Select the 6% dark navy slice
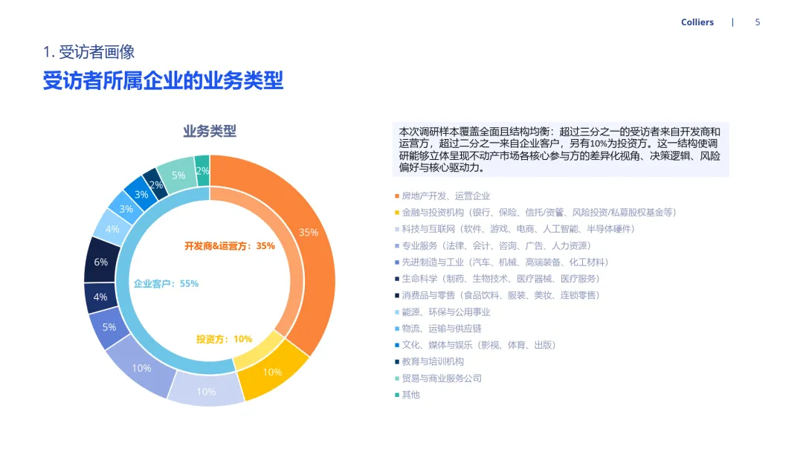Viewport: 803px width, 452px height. pyautogui.click(x=100, y=262)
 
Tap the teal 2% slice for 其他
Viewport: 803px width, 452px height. pyautogui.click(x=202, y=171)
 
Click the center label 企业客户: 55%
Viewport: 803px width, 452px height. pyautogui.click(x=166, y=284)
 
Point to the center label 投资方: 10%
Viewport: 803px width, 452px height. pyautogui.click(x=224, y=339)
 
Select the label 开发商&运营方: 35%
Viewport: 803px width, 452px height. pyautogui.click(x=230, y=246)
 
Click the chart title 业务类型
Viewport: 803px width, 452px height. pyautogui.click(x=210, y=132)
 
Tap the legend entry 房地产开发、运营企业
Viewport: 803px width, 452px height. pyautogui.click(x=445, y=196)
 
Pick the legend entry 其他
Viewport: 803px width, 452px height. pyautogui.click(x=410, y=395)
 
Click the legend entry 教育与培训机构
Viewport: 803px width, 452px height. pyautogui.click(x=433, y=361)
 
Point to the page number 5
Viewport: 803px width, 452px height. pyautogui.click(x=758, y=22)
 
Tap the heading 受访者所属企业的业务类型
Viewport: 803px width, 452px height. pyautogui.click(x=163, y=81)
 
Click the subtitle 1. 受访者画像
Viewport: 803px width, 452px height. pyautogui.click(x=88, y=52)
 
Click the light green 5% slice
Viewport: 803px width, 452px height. pyautogui.click(x=178, y=174)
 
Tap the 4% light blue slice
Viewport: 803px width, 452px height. pyautogui.click(x=112, y=228)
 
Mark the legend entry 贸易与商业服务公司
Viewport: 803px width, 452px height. pyautogui.click(x=442, y=378)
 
